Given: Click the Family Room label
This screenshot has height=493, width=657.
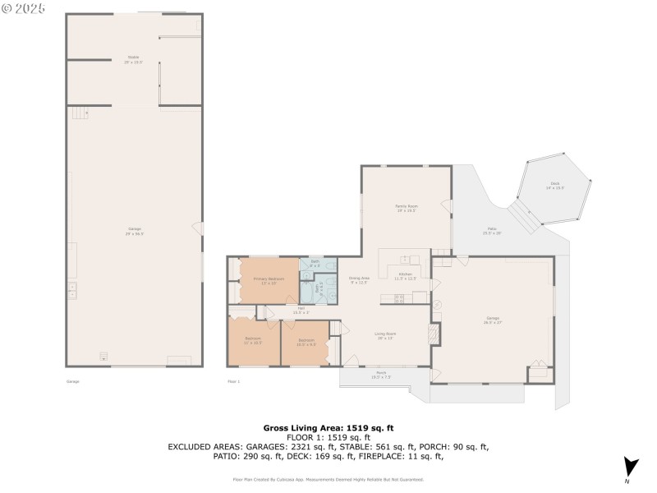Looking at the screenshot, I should point(407,208).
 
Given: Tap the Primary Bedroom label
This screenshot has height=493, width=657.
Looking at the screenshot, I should point(269,281).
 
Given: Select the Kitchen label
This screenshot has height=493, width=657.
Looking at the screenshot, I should point(406,276).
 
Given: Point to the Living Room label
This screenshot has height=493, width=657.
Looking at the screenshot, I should point(386,334).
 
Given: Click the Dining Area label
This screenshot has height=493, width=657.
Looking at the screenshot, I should point(359,280).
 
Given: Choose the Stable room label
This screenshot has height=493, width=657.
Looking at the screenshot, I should point(133,59).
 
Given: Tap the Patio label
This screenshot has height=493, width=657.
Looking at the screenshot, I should point(492,231).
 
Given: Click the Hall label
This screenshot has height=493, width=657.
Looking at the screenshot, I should point(301,311).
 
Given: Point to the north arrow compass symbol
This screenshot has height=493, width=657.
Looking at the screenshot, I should point(630,467).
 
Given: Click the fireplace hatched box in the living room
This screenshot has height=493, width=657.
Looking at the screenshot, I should point(434,334).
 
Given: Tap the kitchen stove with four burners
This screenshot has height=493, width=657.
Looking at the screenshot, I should point(400,299).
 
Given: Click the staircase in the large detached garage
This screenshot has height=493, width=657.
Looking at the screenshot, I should point(77,113).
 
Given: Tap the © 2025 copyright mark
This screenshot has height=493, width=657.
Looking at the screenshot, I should point(23,9).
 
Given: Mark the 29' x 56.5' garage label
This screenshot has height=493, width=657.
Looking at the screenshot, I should point(135,232).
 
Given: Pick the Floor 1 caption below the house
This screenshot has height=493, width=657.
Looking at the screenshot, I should point(233,381).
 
